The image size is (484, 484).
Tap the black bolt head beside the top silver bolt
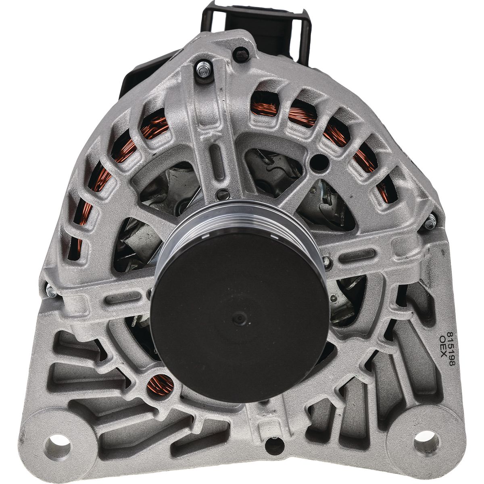click(x=241, y=54)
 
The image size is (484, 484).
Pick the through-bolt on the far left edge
click(x=52, y=291)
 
